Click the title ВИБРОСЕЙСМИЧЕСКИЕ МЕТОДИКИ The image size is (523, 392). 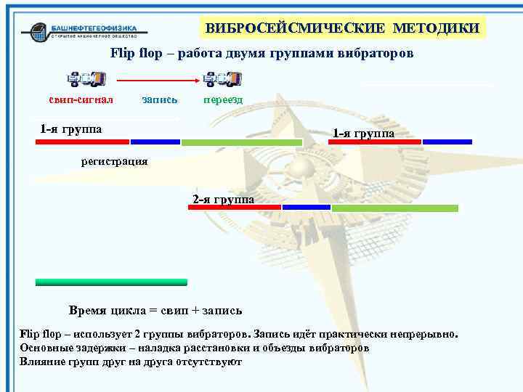(342, 28)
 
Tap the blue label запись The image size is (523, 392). (161, 99)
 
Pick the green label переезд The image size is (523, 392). (222, 99)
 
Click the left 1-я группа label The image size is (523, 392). (70, 129)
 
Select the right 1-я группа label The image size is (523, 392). (363, 134)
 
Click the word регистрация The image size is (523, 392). (114, 160)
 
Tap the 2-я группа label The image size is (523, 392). (223, 198)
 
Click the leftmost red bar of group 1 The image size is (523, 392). (82, 142)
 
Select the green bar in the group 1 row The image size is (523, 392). (241, 142)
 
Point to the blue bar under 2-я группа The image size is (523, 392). (306, 208)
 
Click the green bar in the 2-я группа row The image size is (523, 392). (394, 208)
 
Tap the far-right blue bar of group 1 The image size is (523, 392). (447, 142)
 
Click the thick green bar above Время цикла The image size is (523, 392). (111, 282)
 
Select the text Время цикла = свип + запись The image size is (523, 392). (155, 311)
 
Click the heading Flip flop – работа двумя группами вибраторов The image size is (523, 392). (261, 54)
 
